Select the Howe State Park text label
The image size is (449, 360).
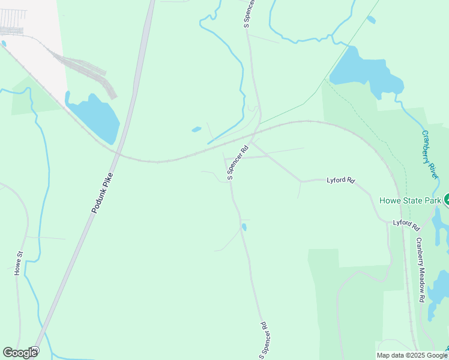pyautogui.click(x=410, y=200)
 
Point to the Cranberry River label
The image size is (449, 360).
pyautogui.click(x=429, y=155)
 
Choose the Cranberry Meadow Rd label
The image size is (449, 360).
pyautogui.click(x=421, y=269)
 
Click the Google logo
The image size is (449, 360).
pyautogui.click(x=20, y=353)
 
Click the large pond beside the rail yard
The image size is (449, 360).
pyautogui.click(x=94, y=117)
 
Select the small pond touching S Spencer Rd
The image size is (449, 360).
pyautogui.click(x=244, y=227)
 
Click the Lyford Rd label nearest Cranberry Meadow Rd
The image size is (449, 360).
pyautogui.click(x=406, y=224)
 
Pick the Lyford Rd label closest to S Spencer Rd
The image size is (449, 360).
pyautogui.click(x=341, y=180)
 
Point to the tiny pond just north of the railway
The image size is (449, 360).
pyautogui.click(x=196, y=129)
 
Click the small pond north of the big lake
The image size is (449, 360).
pyautogui.click(x=371, y=20)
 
